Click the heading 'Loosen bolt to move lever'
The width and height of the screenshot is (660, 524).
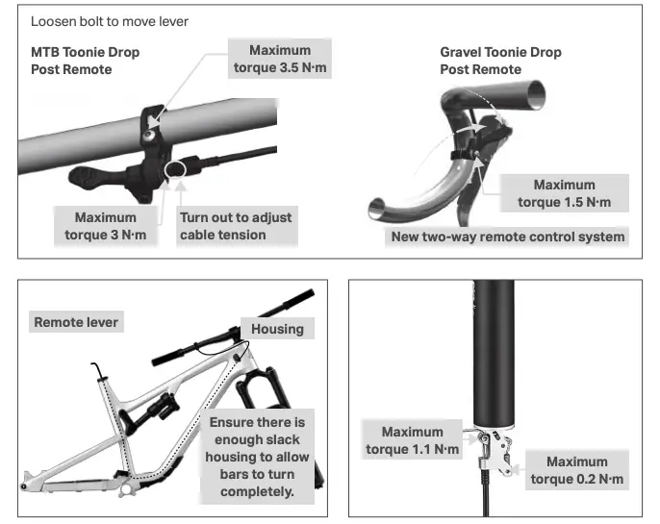coord(110,21)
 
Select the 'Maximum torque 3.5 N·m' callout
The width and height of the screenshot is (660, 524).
coord(280,59)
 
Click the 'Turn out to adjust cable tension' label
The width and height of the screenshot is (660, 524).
coord(237,226)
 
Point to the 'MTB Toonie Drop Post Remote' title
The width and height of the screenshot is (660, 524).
coord(85,61)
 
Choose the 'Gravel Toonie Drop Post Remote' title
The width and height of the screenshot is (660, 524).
coord(500,61)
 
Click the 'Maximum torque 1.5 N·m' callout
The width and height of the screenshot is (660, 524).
coord(564,193)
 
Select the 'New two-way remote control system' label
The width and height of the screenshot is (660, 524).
coord(507,237)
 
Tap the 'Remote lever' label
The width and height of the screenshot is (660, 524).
coord(76,322)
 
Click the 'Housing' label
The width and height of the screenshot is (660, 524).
coord(277,329)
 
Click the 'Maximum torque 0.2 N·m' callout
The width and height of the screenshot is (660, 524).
coord(577,470)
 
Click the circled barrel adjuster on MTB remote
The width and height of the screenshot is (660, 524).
coord(176,169)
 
